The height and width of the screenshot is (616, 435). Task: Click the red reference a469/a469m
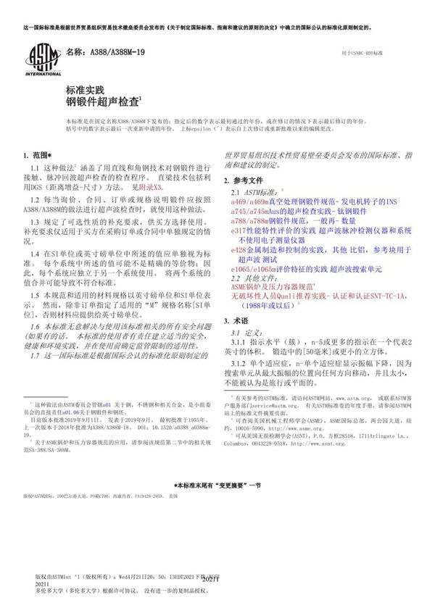point(250,202)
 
